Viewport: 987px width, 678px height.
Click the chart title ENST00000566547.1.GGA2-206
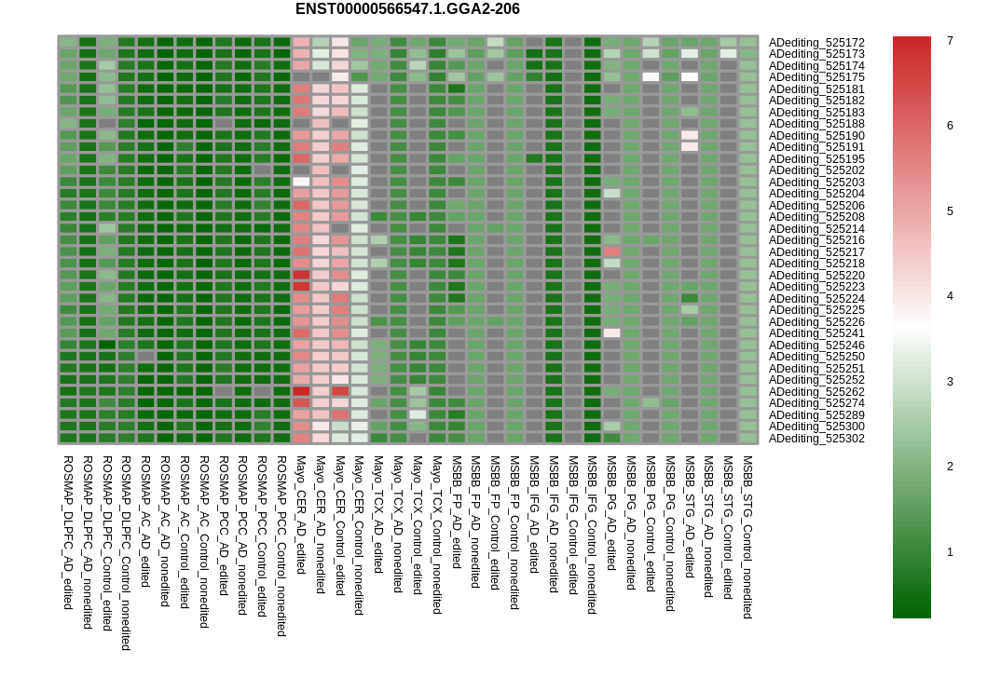pos(407,9)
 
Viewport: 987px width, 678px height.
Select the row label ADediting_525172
pos(816,43)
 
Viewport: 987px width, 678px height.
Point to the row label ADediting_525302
pos(816,439)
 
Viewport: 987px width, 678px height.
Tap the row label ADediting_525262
pos(816,392)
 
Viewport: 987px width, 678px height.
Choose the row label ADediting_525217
pos(816,252)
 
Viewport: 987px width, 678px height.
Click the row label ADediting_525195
pos(816,159)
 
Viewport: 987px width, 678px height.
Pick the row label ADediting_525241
pos(816,333)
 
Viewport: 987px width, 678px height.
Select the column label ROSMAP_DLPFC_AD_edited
pos(68,533)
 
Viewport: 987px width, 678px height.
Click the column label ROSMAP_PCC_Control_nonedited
pos(281,546)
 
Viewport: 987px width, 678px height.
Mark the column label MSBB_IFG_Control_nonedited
pos(593,535)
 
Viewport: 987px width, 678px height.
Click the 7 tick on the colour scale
pos(950,41)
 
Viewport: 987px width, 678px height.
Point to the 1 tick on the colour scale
pos(950,552)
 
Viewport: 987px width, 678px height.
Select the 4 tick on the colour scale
pos(950,296)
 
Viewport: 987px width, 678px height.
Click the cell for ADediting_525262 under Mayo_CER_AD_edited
pos(301,391)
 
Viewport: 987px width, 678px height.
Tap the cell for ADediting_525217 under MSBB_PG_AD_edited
pos(612,251)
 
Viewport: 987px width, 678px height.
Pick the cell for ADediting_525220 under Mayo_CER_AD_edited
pos(301,275)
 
